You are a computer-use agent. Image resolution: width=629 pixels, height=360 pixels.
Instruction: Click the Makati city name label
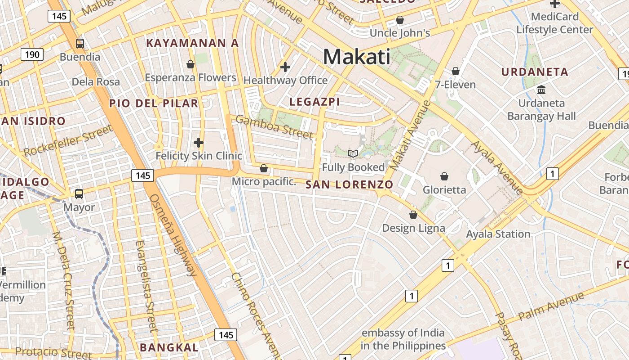(357, 57)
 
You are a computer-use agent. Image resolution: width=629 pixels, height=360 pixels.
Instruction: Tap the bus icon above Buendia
(80, 44)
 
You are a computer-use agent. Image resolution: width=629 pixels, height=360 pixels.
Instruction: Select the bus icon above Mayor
(79, 194)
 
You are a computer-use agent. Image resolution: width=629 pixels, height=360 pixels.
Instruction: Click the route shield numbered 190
(32, 55)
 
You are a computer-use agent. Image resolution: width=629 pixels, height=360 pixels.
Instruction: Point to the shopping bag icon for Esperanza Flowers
(190, 64)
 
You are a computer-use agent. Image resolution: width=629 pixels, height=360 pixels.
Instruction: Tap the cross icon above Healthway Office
(285, 67)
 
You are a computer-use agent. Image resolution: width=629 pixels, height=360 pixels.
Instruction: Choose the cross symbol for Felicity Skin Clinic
(199, 143)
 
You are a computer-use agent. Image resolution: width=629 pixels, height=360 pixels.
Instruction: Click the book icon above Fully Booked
(353, 154)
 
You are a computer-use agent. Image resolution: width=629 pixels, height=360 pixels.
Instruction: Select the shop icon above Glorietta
(444, 176)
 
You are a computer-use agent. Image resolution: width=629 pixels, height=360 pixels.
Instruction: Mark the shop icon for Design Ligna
(413, 215)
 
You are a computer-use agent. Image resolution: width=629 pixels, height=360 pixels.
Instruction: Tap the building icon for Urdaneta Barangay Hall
(541, 90)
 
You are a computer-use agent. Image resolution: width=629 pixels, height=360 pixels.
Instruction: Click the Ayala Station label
(498, 234)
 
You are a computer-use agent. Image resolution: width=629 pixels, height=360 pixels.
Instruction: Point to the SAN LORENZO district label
(349, 184)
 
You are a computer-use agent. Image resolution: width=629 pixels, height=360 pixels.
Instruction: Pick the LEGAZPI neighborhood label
(314, 102)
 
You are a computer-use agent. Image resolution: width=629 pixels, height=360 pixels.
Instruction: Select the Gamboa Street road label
(274, 127)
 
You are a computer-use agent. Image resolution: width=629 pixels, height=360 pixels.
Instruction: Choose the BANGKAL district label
(169, 347)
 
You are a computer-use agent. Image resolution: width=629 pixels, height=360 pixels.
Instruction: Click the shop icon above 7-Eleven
(456, 71)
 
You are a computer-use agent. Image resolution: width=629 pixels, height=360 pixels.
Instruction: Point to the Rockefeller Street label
(67, 141)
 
